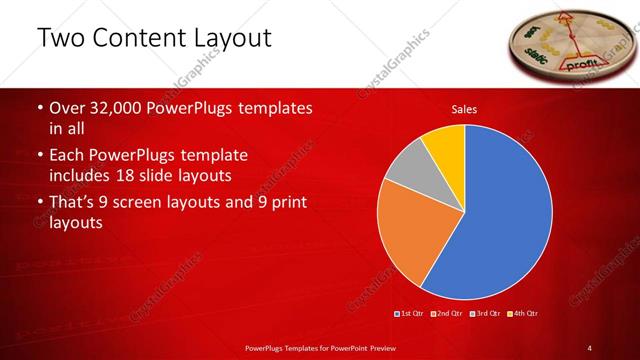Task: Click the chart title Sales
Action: click(464, 108)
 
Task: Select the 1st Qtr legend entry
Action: click(411, 315)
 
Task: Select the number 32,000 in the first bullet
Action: click(110, 108)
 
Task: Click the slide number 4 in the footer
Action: click(590, 347)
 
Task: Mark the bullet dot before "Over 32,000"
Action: click(39, 108)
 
